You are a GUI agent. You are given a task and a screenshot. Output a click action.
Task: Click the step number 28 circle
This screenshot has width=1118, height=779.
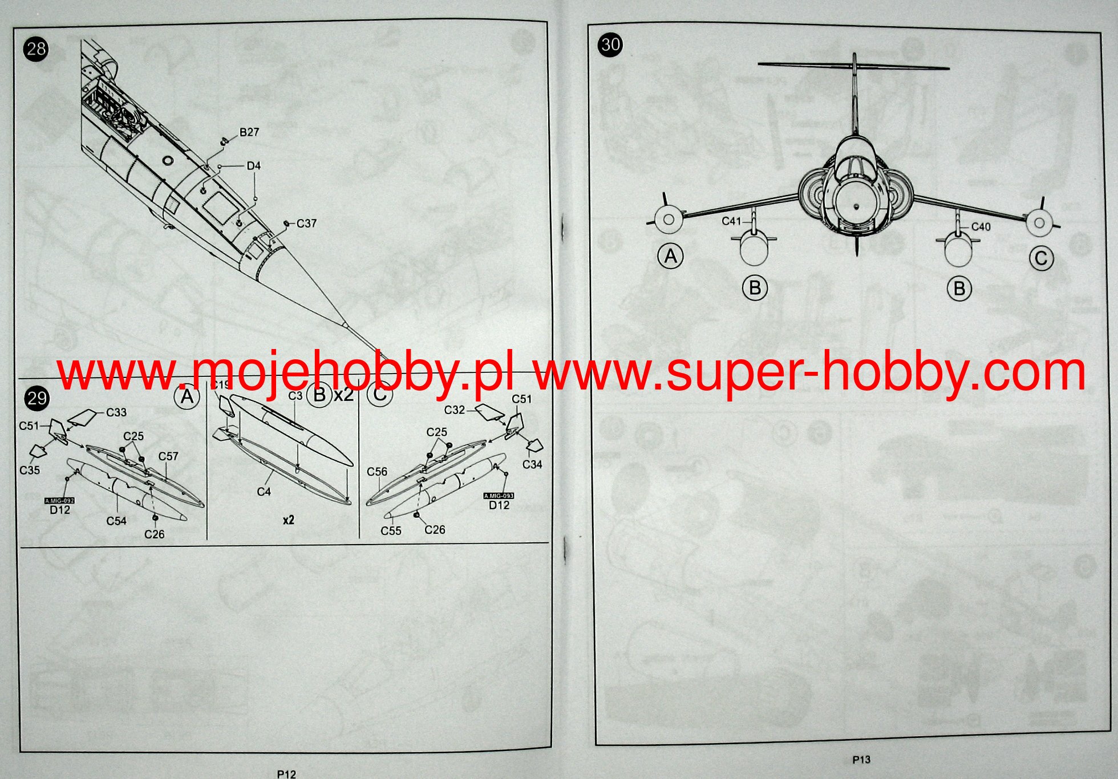pyautogui.click(x=36, y=49)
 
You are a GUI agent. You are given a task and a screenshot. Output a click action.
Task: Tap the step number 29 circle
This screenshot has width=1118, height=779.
pyautogui.click(x=37, y=398)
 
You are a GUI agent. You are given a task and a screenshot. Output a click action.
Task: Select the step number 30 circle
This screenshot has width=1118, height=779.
pyautogui.click(x=610, y=44)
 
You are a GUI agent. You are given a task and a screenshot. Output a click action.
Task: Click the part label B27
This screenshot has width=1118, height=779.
pyautogui.click(x=249, y=132)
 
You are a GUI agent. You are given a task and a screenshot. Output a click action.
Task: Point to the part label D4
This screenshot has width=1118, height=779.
pyautogui.click(x=253, y=166)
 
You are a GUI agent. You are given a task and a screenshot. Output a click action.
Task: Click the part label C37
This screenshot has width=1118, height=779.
pyautogui.click(x=306, y=224)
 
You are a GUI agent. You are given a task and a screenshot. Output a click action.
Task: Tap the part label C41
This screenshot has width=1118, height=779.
pyautogui.click(x=731, y=221)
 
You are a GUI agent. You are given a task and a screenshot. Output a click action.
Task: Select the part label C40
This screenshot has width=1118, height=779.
pyautogui.click(x=981, y=227)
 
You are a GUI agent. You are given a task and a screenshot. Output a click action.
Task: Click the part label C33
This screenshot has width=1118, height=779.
pyautogui.click(x=116, y=412)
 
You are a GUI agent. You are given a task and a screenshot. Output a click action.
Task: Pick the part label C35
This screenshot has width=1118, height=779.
pyautogui.click(x=30, y=470)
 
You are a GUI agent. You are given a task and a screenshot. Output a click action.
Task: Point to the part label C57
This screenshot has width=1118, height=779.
pyautogui.click(x=168, y=456)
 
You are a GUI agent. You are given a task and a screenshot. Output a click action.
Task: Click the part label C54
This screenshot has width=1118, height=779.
pyautogui.click(x=116, y=521)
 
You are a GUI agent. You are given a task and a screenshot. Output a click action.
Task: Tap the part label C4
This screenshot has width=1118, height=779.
pyautogui.click(x=264, y=492)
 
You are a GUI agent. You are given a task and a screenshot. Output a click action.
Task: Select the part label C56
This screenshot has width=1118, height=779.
pyautogui.click(x=377, y=472)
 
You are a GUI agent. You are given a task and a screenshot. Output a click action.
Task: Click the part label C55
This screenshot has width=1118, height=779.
pyautogui.click(x=391, y=531)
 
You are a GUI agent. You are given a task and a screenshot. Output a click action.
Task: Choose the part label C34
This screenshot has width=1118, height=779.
pyautogui.click(x=532, y=465)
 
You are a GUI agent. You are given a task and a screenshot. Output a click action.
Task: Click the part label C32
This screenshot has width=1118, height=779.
pyautogui.click(x=455, y=410)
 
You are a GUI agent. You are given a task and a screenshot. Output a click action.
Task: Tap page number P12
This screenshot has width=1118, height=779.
pyautogui.click(x=286, y=774)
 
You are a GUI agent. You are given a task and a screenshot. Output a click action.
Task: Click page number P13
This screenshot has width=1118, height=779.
pyautogui.click(x=861, y=760)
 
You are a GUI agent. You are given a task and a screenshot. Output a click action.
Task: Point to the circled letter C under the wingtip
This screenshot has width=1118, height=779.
pyautogui.click(x=1041, y=258)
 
